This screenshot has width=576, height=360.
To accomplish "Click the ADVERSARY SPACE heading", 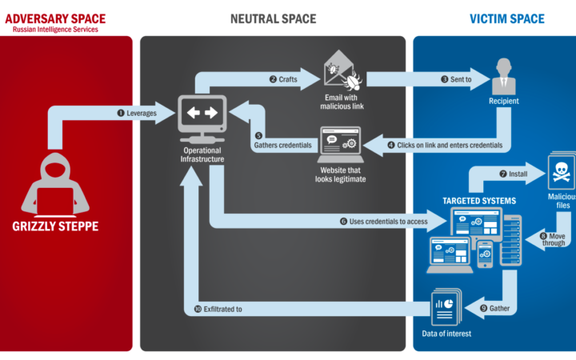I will click(x=54, y=18).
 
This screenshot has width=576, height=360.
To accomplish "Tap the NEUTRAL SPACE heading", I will click(x=273, y=18).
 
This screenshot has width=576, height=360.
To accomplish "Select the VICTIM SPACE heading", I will click(x=506, y=18).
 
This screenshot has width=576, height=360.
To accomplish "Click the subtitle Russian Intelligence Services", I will click(x=55, y=30).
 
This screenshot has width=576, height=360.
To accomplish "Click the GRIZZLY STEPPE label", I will click(x=55, y=226).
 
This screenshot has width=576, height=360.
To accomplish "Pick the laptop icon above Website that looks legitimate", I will click(x=341, y=144).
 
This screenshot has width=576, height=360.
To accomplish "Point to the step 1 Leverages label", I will click(x=137, y=113).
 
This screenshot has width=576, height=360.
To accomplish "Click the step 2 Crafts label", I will click(x=283, y=79).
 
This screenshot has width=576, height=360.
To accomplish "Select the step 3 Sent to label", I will click(x=456, y=79).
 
